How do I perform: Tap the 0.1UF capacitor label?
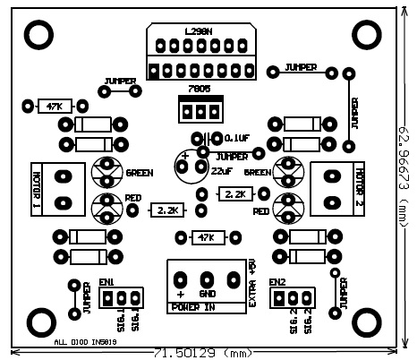(237, 138)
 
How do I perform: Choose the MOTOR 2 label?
(360, 188)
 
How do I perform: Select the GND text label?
(207, 294)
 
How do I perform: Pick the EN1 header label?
(107, 282)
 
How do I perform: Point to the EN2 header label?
(277, 282)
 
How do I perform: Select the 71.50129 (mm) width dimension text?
(204, 353)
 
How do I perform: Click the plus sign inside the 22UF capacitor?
(185, 157)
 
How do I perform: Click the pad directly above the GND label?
(206, 277)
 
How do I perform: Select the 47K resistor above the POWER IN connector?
(206, 236)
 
